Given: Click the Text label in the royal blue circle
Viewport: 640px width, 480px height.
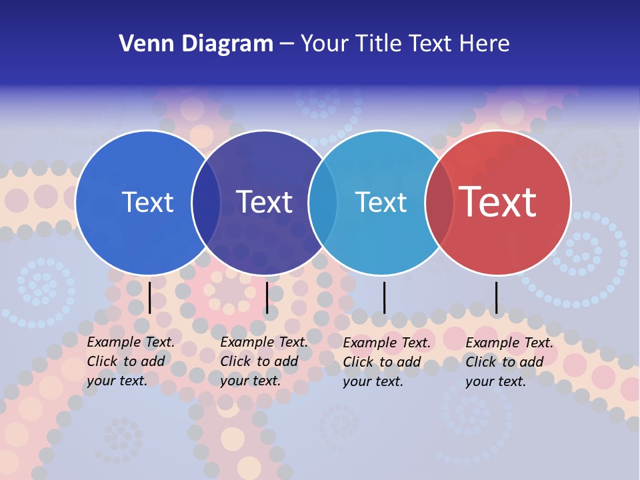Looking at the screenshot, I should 147,202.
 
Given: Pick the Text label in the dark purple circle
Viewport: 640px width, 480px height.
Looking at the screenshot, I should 264,202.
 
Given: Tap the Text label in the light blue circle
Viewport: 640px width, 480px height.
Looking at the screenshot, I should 381,202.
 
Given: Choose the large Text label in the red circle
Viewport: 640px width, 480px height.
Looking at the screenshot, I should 497,202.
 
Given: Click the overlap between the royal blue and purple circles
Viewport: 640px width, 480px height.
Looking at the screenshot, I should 206,202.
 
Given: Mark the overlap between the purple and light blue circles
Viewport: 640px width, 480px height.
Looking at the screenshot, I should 323,202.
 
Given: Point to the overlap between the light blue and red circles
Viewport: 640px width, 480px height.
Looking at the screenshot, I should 439,202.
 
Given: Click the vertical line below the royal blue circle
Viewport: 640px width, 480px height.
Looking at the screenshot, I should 149,297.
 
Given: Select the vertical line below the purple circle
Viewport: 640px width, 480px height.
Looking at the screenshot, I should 267,297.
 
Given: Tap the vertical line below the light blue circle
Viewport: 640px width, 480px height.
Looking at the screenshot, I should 384,297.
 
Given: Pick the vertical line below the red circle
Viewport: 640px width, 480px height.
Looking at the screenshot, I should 496,297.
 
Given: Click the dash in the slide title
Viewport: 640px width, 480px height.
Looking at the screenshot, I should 287,44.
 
